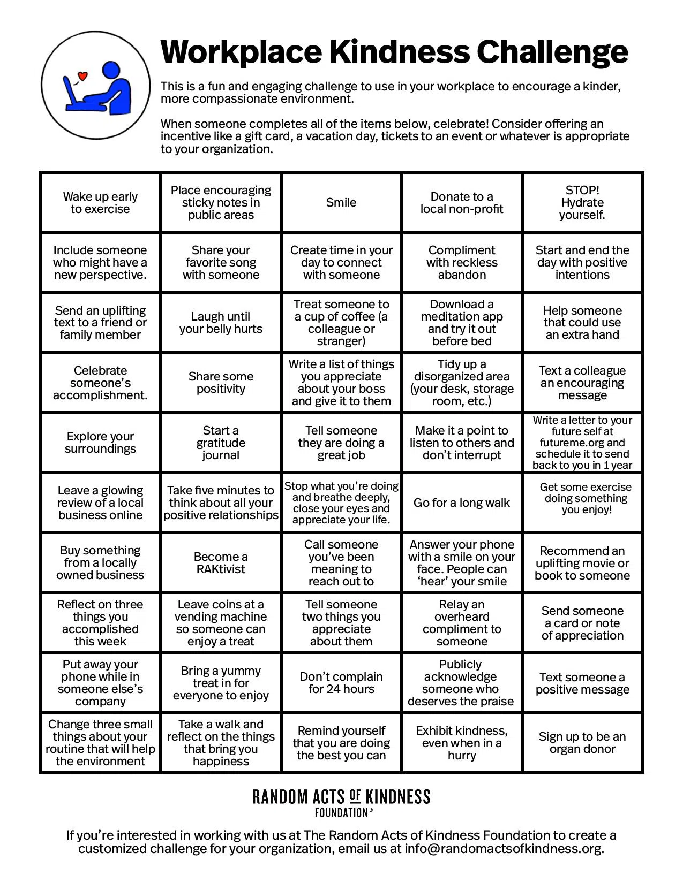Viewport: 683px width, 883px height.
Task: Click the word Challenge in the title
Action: pyautogui.click(x=552, y=52)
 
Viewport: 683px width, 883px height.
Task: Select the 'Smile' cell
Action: pyautogui.click(x=341, y=202)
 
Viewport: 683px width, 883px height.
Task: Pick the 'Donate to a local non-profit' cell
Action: pyautogui.click(x=462, y=202)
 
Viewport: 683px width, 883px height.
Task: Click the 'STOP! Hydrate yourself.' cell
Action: pyautogui.click(x=582, y=202)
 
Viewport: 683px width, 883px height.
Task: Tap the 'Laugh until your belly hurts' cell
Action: pyautogui.click(x=221, y=323)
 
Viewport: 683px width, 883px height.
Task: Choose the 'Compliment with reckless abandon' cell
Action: pyautogui.click(x=462, y=262)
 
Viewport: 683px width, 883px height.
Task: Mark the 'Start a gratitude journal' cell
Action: pyautogui.click(x=221, y=443)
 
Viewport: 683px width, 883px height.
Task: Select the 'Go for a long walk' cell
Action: pyautogui.click(x=462, y=503)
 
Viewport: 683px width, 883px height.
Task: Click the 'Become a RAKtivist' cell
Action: pyautogui.click(x=221, y=562)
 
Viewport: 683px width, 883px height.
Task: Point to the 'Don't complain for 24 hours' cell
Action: pyautogui.click(x=341, y=683)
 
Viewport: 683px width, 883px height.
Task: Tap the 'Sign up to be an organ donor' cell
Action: pyautogui.click(x=582, y=743)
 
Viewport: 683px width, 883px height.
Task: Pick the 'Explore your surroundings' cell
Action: pyautogui.click(x=100, y=443)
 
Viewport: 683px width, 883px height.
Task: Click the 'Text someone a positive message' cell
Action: pyautogui.click(x=582, y=683)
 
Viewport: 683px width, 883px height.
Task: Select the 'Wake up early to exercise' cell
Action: pyautogui.click(x=100, y=202)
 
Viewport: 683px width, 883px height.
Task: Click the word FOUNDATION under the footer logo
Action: pyautogui.click(x=341, y=813)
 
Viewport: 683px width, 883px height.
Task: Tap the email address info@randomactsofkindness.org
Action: pyautogui.click(x=503, y=849)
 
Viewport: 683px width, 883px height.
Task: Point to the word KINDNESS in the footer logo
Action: pyautogui.click(x=398, y=797)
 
